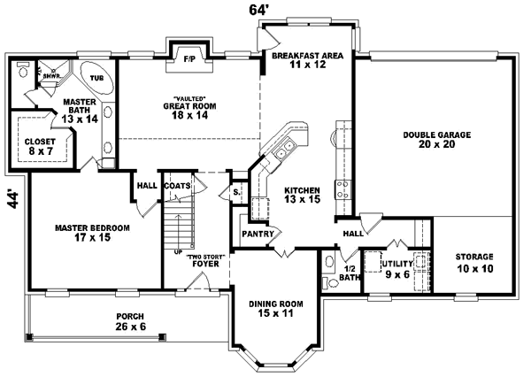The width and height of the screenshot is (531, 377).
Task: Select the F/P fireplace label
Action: (189, 58)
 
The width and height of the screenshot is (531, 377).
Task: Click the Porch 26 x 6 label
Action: (130, 321)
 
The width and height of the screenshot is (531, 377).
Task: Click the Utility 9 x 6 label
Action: (396, 268)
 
